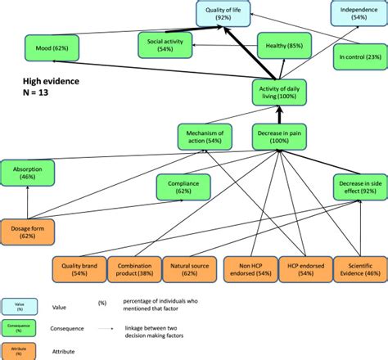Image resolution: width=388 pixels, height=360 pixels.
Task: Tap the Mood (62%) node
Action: click(51, 48)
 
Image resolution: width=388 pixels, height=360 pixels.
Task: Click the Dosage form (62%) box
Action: click(29, 231)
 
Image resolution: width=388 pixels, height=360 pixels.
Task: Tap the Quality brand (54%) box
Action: click(75, 269)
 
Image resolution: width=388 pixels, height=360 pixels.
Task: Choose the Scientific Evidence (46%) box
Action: click(360, 269)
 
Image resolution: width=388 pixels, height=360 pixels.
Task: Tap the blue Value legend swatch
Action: click(15, 306)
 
